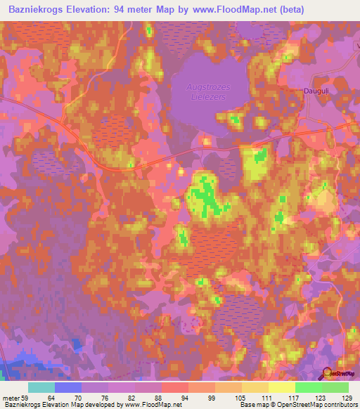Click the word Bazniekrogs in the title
[x=32, y=8]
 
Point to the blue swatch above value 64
[x=68, y=387]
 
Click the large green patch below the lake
[x=208, y=195]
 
